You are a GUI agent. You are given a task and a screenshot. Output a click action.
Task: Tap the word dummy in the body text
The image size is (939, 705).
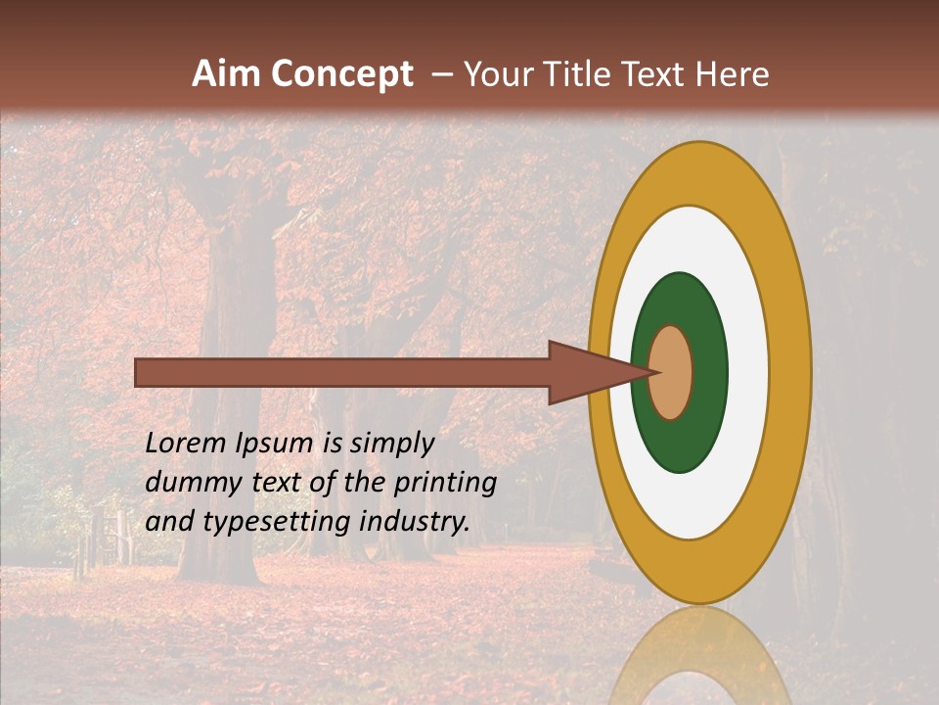click(x=186, y=483)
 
